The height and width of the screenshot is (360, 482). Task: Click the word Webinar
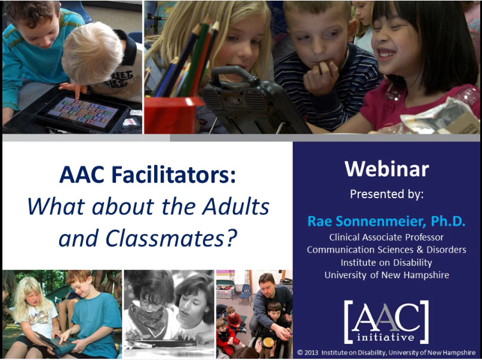tap(386, 169)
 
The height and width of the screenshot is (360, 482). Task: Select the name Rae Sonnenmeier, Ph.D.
tap(386, 221)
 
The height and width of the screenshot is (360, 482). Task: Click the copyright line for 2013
tap(386, 352)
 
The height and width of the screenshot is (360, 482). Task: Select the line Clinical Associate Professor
tap(386, 237)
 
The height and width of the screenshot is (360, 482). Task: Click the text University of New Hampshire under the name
tap(386, 275)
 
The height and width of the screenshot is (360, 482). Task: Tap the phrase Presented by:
tap(386, 194)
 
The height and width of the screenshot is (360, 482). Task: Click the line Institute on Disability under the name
tap(386, 262)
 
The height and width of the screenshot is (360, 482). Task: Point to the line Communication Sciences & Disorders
tap(386, 250)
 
